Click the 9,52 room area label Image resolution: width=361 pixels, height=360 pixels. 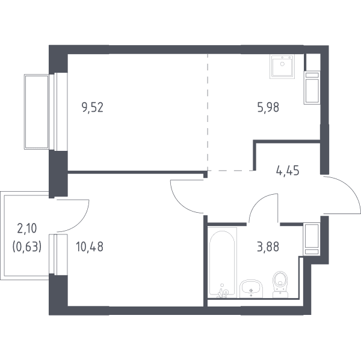(92, 108)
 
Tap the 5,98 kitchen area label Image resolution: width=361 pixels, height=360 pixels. (268, 107)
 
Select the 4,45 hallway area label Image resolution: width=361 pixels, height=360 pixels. (288, 171)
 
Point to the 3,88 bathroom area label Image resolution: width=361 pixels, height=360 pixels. (268, 246)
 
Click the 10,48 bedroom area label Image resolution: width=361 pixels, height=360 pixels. (90, 246)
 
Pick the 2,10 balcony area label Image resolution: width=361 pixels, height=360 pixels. (27, 228)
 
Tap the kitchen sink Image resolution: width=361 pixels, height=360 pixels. (282, 66)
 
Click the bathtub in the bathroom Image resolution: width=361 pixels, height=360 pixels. (223, 262)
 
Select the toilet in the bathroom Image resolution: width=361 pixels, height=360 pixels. (280, 284)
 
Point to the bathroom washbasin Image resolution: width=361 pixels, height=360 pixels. (251, 289)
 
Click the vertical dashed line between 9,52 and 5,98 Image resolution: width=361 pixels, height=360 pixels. (208, 112)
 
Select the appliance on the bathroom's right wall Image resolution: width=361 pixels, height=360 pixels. (312, 239)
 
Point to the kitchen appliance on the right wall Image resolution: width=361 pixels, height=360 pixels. (312, 88)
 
